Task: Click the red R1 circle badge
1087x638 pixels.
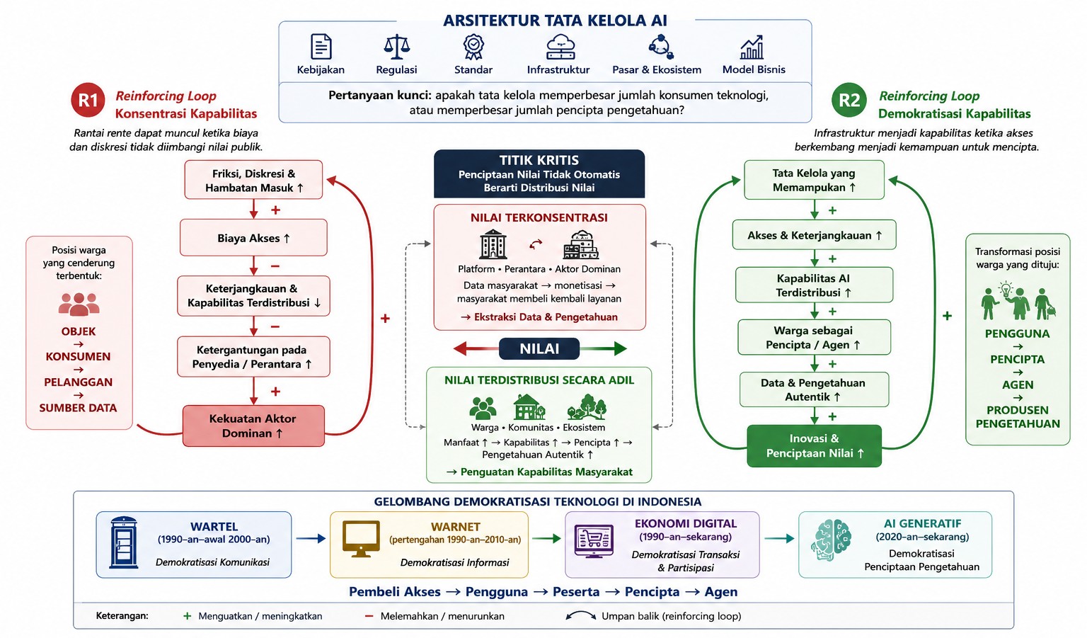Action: [88, 100]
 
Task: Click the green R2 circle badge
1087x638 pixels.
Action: [849, 100]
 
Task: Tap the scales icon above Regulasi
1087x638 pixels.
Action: [396, 47]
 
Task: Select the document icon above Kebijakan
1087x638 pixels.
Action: [321, 47]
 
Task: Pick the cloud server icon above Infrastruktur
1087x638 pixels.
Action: [560, 47]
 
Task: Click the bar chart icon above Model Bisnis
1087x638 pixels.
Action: [752, 47]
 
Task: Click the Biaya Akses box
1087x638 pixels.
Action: [253, 238]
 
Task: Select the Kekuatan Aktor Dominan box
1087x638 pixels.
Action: [253, 426]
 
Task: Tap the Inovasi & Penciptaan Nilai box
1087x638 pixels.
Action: [814, 445]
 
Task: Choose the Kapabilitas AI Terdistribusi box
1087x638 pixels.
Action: [814, 285]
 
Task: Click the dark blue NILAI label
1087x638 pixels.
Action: [539, 348]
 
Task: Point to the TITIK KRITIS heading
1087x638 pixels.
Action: [539, 160]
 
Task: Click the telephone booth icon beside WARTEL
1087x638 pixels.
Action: [123, 542]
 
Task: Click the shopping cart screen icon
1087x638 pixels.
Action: [594, 540]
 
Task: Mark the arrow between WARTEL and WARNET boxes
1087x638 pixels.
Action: [311, 538]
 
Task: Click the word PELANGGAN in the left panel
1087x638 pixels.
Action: [78, 382]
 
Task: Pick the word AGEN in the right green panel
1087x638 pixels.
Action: [1018, 385]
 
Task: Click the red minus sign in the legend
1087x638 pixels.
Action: [369, 616]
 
